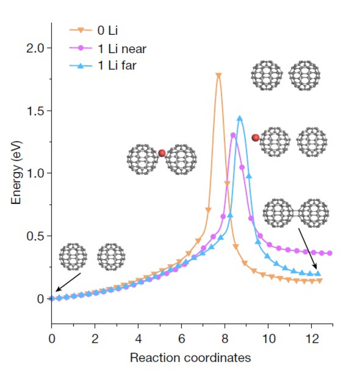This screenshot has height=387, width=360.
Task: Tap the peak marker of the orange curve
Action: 218,76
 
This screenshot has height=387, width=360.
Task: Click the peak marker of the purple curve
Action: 233,135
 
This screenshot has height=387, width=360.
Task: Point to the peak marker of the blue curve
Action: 239,118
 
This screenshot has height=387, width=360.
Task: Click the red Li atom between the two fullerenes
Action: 162,153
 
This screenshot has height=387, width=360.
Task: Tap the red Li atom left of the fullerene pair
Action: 255,138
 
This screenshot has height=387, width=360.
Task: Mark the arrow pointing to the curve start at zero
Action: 69,281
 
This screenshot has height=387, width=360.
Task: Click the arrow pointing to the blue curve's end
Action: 307,249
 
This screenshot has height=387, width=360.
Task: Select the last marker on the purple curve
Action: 330,253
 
